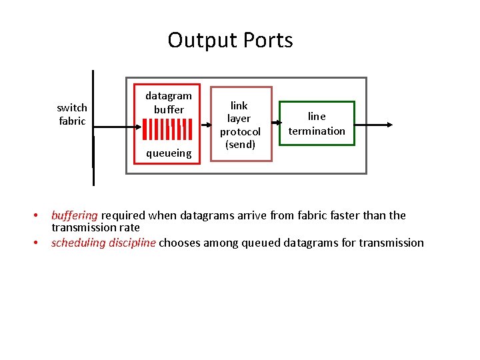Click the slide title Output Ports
tap(230, 40)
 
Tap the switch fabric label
tap(72, 114)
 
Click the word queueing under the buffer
tap(169, 153)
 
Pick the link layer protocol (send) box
tap(241, 124)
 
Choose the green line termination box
tap(317, 123)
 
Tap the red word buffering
tap(75, 215)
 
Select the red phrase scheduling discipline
tap(103, 243)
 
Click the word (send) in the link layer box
tap(240, 144)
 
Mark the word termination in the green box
tap(317, 131)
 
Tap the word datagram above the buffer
tap(169, 95)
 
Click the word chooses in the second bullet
tap(180, 243)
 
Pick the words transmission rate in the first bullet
tap(95, 227)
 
